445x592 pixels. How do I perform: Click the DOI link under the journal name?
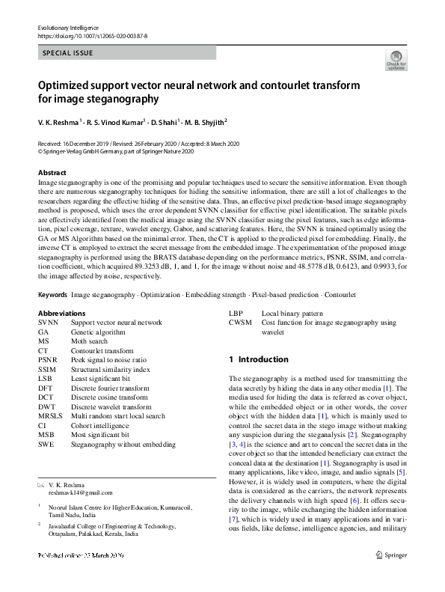[x=92, y=35]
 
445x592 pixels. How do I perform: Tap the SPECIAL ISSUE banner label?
[x=70, y=53]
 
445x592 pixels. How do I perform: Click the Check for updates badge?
[x=396, y=61]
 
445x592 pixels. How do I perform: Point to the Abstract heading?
[x=52, y=172]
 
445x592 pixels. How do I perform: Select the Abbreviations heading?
[x=61, y=313]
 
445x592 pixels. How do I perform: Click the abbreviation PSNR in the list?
[x=47, y=360]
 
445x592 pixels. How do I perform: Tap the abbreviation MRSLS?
[x=50, y=415]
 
